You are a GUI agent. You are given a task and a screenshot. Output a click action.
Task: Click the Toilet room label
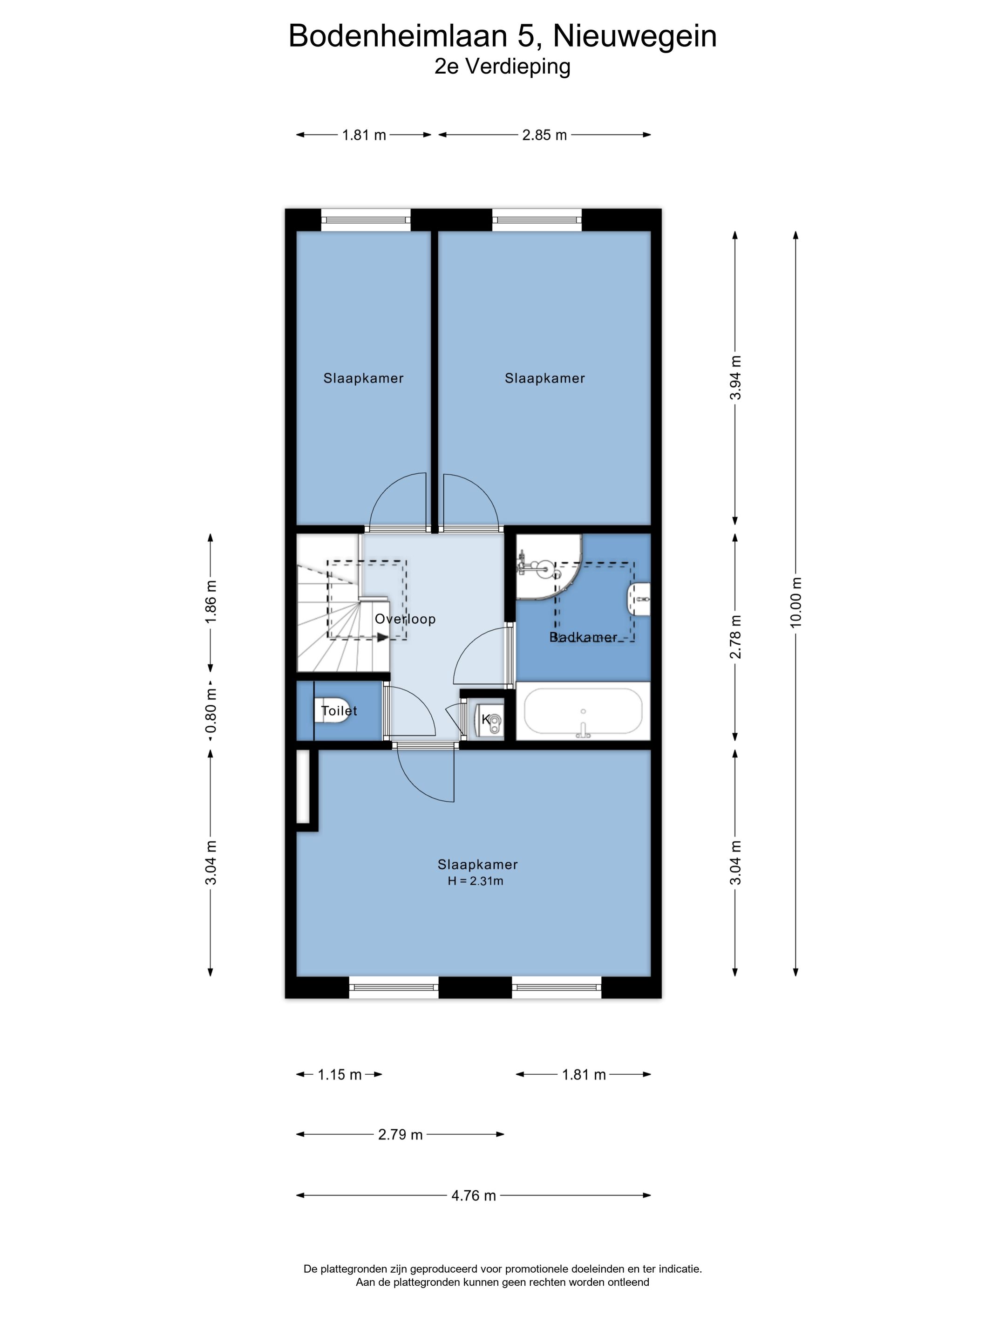point(339,711)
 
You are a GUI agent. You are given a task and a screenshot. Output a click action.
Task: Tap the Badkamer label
point(583,637)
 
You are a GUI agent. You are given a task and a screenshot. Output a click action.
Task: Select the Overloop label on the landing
point(405,619)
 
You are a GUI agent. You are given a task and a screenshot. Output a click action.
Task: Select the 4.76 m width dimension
point(474,1195)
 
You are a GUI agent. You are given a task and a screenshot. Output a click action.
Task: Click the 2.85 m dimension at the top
point(544,135)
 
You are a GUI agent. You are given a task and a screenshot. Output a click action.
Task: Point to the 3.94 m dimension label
point(735,378)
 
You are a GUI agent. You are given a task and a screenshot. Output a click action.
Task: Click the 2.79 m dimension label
point(400,1135)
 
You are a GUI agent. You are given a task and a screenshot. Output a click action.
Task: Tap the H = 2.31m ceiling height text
point(476,881)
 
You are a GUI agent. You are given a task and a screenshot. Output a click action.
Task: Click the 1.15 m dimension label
point(340,1074)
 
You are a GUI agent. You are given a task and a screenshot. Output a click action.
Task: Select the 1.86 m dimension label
point(211,602)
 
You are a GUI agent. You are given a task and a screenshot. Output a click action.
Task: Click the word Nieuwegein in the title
point(635,36)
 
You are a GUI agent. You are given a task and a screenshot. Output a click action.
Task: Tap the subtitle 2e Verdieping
point(503,66)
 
